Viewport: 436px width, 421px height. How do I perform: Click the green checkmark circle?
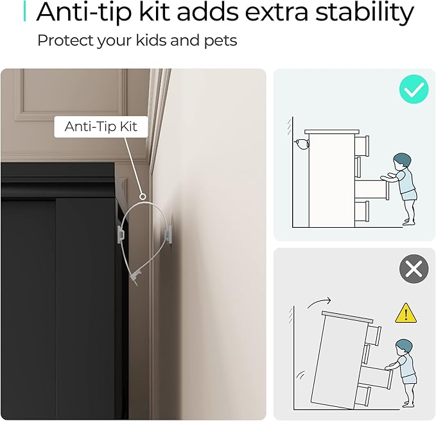[414, 89]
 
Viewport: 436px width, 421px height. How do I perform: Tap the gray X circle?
[414, 269]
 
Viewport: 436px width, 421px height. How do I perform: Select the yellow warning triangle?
[406, 313]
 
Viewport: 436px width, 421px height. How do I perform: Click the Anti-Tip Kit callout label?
[101, 126]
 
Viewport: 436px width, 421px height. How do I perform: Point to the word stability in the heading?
[365, 12]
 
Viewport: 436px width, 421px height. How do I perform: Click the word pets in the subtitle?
[220, 41]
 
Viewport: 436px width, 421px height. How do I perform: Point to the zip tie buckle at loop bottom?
[135, 277]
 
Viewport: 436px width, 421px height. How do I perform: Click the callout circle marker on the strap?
[143, 197]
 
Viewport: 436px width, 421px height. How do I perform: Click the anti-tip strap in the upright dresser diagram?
[302, 144]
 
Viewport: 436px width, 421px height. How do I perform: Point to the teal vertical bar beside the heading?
[25, 11]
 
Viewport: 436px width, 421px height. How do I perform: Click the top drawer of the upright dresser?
[362, 146]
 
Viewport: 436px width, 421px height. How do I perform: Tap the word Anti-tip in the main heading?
[83, 12]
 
